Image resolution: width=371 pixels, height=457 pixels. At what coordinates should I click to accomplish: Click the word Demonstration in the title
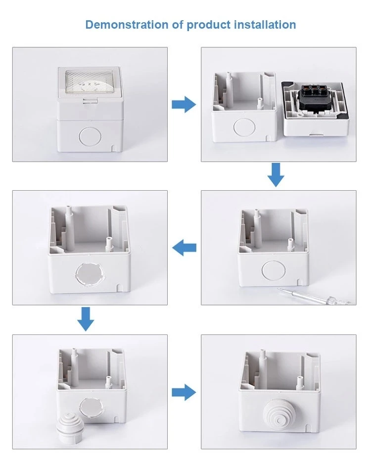[x=127, y=25]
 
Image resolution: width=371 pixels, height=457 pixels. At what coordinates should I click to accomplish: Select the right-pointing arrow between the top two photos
[x=184, y=104]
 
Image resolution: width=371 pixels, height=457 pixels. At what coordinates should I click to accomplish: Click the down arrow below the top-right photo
[x=276, y=175]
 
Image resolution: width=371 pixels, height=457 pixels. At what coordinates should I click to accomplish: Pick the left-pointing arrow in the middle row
[x=184, y=248]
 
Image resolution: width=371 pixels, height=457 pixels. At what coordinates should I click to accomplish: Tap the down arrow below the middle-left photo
[x=86, y=319]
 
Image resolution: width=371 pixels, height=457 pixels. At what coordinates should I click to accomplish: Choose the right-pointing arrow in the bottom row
[x=184, y=392]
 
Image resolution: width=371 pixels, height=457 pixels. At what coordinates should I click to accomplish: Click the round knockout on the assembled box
[x=90, y=136]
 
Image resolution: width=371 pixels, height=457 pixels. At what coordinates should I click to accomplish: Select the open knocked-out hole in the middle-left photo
[x=88, y=275]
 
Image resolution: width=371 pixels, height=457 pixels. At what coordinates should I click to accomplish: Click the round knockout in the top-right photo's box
[x=244, y=127]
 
